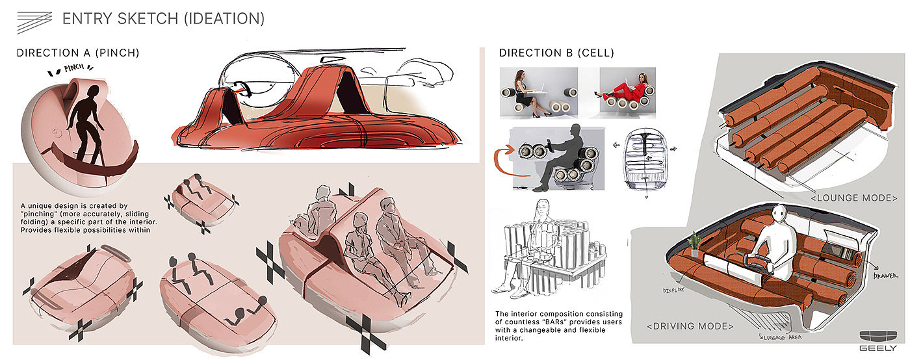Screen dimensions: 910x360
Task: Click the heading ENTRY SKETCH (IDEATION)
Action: (x=163, y=19)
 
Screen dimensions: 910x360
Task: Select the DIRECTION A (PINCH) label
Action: (x=78, y=53)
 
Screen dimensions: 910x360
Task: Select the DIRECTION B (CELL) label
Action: (x=556, y=53)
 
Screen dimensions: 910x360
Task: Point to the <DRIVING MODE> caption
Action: (x=690, y=326)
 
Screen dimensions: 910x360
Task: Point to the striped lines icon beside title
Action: (x=34, y=22)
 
